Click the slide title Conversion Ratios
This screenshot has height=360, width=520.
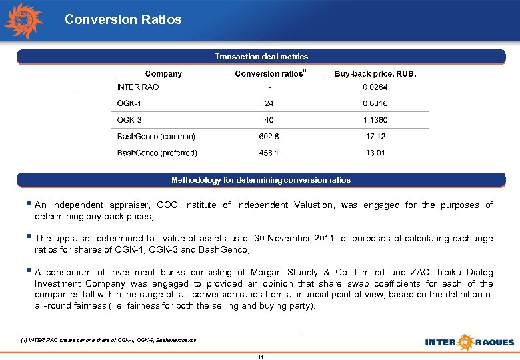pyautogui.click(x=123, y=19)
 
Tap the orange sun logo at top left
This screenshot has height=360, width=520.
pyautogui.click(x=24, y=21)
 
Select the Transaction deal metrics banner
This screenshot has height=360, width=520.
pyautogui.click(x=261, y=57)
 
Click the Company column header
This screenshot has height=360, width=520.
pyautogui.click(x=163, y=74)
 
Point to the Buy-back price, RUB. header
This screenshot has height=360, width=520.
pyautogui.click(x=375, y=74)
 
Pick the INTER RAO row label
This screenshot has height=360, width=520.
pyautogui.click(x=138, y=87)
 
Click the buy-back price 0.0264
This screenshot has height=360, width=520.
pyautogui.click(x=375, y=87)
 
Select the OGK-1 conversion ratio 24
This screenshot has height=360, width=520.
pyautogui.click(x=269, y=103)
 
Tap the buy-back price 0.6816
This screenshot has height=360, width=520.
pyautogui.click(x=375, y=103)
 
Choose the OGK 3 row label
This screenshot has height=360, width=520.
pyautogui.click(x=129, y=120)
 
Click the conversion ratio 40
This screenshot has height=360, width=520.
pyautogui.click(x=269, y=120)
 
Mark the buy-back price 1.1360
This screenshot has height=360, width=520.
pyautogui.click(x=375, y=120)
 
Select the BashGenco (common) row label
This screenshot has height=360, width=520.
pyautogui.click(x=157, y=137)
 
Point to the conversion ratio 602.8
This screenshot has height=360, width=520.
pyautogui.click(x=269, y=137)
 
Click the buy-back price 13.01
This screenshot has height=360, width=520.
pyautogui.click(x=375, y=153)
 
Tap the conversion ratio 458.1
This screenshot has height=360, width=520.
pyautogui.click(x=269, y=153)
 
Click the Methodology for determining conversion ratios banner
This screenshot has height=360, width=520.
pyautogui.click(x=261, y=180)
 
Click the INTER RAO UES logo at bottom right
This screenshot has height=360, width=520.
pyautogui.click(x=469, y=342)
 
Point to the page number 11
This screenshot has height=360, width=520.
pyautogui.click(x=261, y=357)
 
